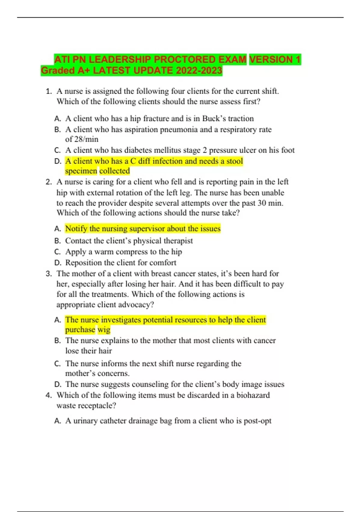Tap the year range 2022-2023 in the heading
point(199,70)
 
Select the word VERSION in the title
point(271,59)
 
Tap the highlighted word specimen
point(81,171)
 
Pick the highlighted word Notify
point(76,229)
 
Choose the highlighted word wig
point(104,329)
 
